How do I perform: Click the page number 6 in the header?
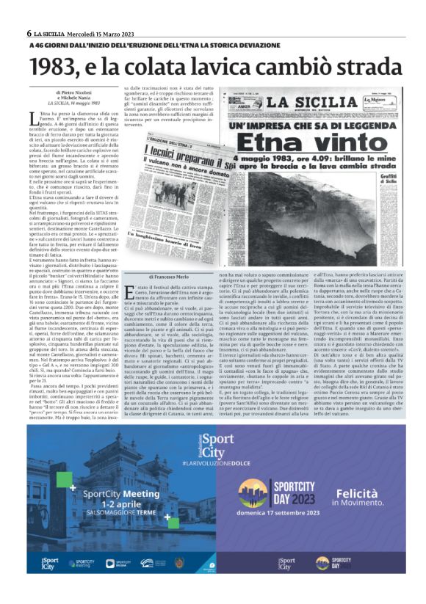pyautogui.click(x=28, y=33)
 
